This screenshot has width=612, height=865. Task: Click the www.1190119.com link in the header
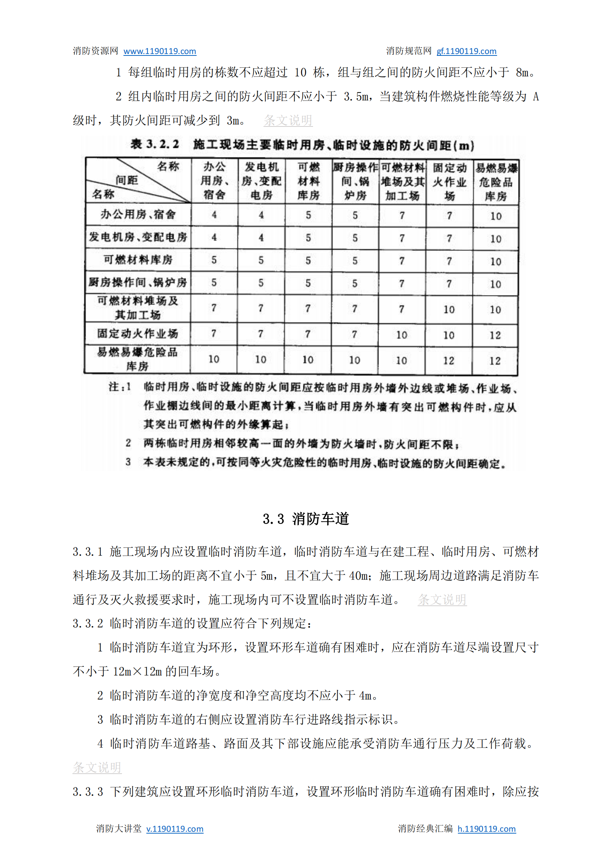click(x=159, y=51)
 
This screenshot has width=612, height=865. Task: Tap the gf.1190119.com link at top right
click(x=466, y=51)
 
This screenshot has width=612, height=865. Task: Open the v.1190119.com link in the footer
click(x=174, y=829)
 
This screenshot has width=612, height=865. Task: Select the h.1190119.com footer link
click(x=486, y=829)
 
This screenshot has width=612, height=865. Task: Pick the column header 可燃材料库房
click(x=308, y=181)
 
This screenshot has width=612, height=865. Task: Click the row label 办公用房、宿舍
click(x=138, y=214)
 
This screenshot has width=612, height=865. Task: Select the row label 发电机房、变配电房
click(x=138, y=237)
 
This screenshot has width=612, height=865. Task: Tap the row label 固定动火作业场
click(x=137, y=334)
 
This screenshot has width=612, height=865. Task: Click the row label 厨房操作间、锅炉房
click(x=137, y=283)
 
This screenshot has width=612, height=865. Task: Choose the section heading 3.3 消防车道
click(x=306, y=519)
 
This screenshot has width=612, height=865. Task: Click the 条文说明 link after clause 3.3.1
click(x=442, y=599)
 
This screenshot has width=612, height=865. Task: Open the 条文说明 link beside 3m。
click(x=288, y=121)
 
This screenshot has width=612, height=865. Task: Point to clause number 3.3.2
click(x=88, y=623)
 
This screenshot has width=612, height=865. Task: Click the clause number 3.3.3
click(x=88, y=791)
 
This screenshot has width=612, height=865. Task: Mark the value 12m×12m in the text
click(x=137, y=672)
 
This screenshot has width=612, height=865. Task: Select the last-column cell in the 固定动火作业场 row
click(x=495, y=335)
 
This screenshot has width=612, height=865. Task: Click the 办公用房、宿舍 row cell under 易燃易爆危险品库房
click(x=496, y=216)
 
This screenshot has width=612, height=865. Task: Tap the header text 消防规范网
click(x=408, y=51)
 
